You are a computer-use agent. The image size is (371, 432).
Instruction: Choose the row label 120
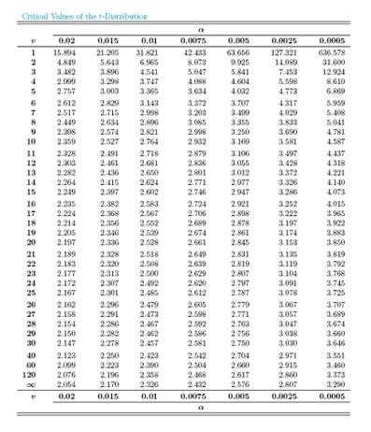21,373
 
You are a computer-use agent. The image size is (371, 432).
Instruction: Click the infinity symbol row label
21,382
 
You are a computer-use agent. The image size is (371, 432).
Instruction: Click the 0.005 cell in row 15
239,191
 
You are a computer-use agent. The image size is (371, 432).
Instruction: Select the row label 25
21,292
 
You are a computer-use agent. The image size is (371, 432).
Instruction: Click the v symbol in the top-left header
21,39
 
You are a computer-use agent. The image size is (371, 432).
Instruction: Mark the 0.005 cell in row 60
239,365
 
